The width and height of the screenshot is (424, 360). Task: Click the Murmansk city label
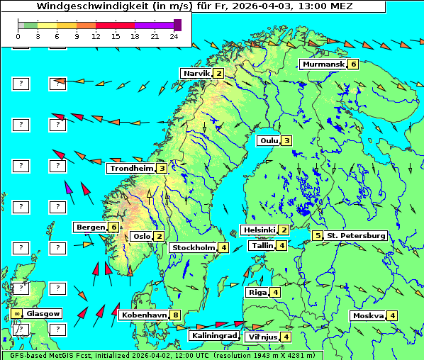point(323,64)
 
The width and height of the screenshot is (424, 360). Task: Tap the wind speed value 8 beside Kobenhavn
point(175,315)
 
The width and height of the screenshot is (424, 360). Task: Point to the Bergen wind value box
point(113,227)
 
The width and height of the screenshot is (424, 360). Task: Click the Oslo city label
point(142,237)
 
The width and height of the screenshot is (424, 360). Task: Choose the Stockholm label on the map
point(192,247)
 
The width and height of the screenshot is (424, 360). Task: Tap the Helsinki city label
point(258,230)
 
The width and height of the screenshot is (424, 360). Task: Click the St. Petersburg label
point(356,235)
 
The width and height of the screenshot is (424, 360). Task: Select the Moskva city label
point(368,315)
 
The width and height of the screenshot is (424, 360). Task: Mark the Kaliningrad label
point(213,335)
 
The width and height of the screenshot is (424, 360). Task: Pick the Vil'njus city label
point(262,337)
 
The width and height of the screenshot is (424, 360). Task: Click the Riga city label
point(256,292)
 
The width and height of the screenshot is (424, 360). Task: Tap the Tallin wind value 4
point(281,246)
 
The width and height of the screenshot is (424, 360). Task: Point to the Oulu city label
point(268,140)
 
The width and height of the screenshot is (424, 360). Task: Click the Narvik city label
point(196,74)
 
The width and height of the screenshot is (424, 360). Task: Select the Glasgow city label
point(43,313)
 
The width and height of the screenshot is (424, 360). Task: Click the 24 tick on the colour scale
point(174,35)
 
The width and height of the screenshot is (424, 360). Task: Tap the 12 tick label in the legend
point(96,35)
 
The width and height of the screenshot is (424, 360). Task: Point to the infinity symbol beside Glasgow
point(16,313)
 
